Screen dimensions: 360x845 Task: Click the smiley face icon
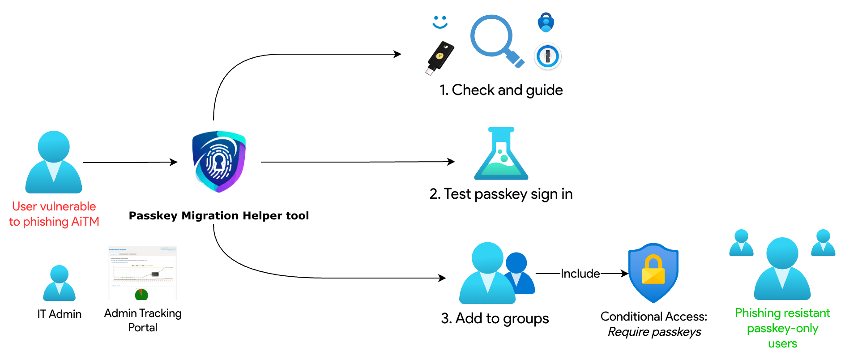click(440, 22)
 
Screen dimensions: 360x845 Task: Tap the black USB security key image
click(440, 59)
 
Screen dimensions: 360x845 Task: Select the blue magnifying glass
click(495, 39)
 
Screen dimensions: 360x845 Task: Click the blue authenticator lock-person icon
click(546, 22)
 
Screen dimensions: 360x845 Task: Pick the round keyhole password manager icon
click(547, 56)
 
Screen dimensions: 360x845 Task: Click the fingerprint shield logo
click(219, 161)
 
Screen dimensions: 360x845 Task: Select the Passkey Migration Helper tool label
click(219, 216)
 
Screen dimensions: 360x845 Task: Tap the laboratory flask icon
click(501, 154)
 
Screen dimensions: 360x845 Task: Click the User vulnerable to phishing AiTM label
click(54, 214)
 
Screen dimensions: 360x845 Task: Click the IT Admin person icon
click(59, 283)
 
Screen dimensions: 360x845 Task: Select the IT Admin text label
click(60, 314)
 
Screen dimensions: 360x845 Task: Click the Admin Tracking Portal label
click(143, 321)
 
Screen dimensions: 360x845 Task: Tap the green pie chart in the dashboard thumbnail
click(141, 295)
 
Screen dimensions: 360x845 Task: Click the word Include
click(580, 274)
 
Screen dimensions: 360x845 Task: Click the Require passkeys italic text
click(654, 332)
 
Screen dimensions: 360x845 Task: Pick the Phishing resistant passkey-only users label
click(782, 328)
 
